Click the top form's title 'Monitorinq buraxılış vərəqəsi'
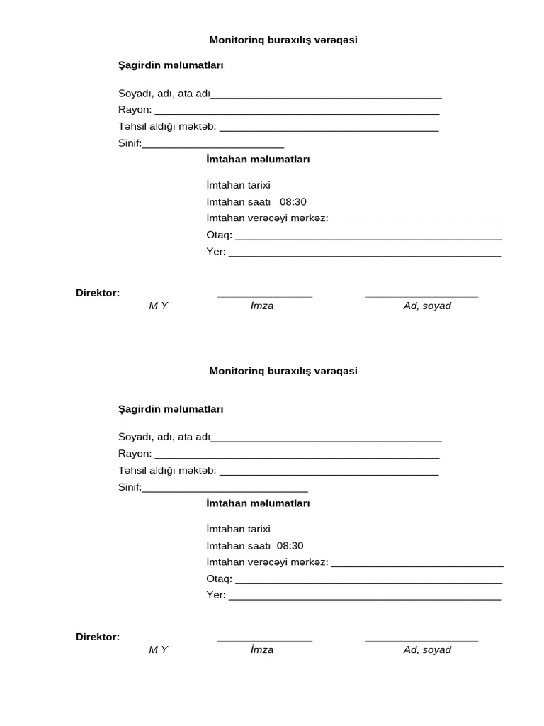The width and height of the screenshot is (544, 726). click(283, 40)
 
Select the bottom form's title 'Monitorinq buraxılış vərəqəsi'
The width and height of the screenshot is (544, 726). click(283, 372)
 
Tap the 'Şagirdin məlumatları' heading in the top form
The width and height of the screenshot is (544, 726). click(171, 65)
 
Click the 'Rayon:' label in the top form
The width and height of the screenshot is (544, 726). click(135, 110)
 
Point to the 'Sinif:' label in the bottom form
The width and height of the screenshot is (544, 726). click(130, 487)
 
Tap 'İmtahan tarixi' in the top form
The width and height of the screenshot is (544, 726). click(238, 185)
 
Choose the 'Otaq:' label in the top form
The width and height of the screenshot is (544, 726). click(219, 235)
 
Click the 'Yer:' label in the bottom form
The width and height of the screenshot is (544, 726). click(215, 595)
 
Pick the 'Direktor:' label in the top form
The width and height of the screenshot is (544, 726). click(98, 293)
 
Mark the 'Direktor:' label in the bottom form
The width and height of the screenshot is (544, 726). click(98, 637)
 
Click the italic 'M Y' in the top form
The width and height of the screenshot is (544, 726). click(158, 306)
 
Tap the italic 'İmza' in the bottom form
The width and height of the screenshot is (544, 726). click(262, 649)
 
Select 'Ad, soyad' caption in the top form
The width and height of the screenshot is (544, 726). click(427, 306)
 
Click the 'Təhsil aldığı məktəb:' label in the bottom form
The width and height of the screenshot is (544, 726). click(167, 471)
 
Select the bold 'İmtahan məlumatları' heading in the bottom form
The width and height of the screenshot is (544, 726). click(258, 503)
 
